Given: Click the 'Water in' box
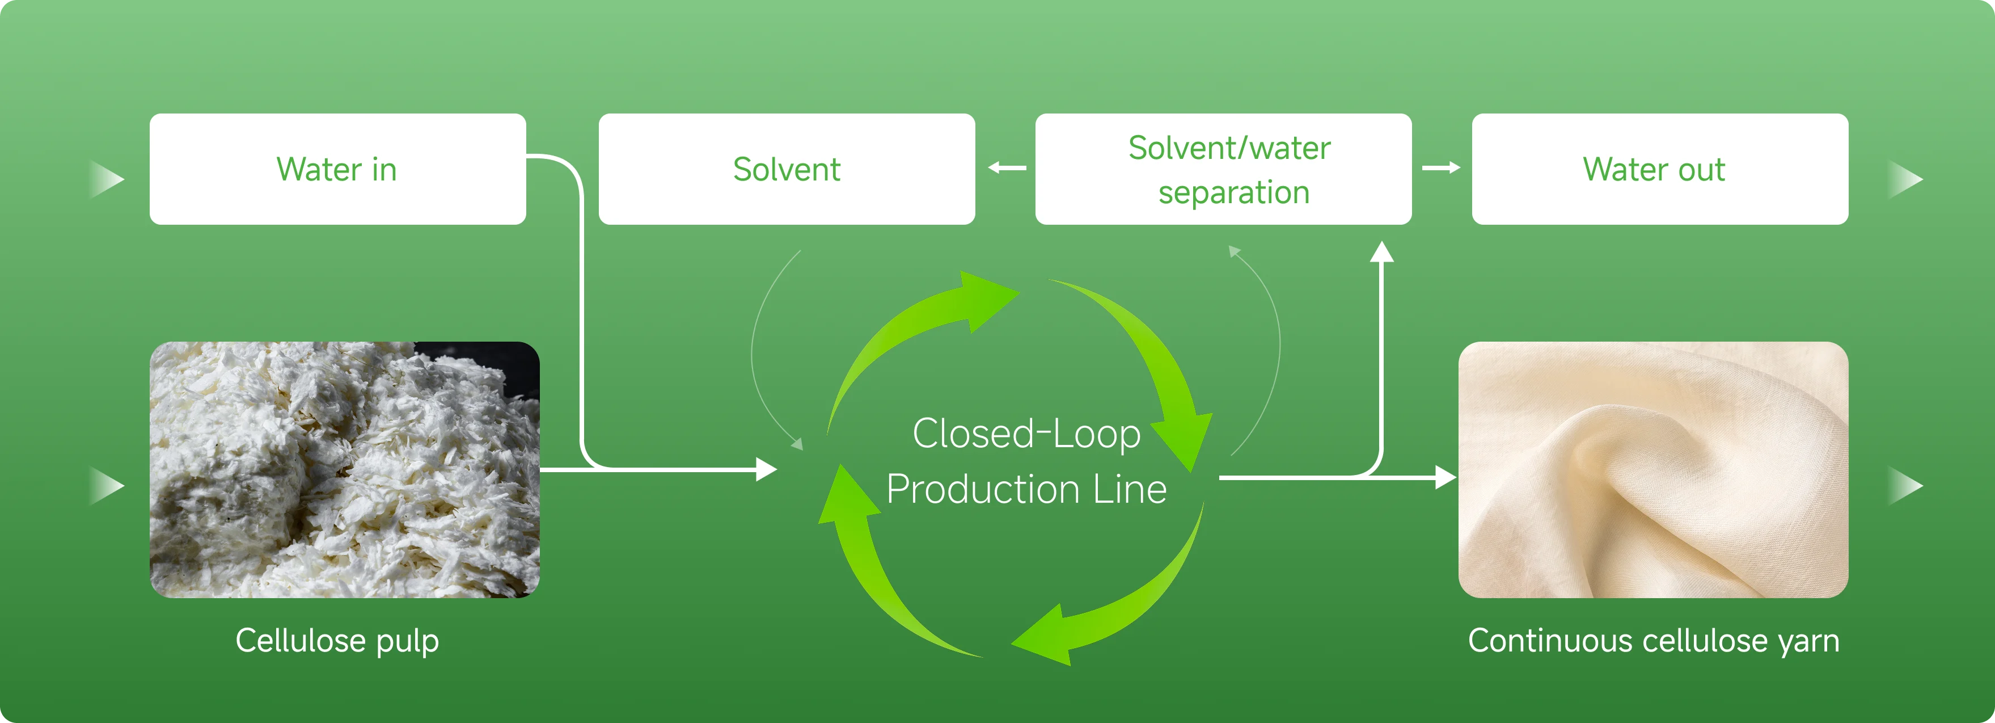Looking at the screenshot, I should point(337,169).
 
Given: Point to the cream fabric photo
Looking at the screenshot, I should point(1652,469).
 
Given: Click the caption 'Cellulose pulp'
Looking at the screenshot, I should point(337,641).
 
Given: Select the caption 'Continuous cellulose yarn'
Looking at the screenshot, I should point(1652,641).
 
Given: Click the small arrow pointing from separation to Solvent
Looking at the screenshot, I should point(1006,167).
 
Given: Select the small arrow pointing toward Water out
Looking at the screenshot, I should point(1442,167).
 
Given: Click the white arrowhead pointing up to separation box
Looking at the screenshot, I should point(1381,252).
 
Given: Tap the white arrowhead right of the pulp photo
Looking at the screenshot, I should point(766,469).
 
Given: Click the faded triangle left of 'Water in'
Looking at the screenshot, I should point(106,179).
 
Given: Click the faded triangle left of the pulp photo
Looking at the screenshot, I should point(106,486).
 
